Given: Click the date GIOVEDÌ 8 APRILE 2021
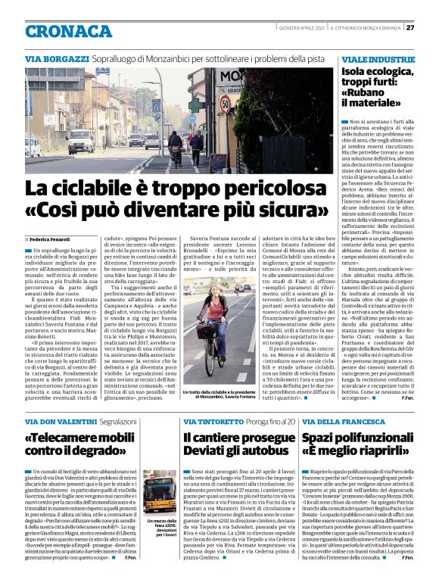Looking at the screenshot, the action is (301, 28).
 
